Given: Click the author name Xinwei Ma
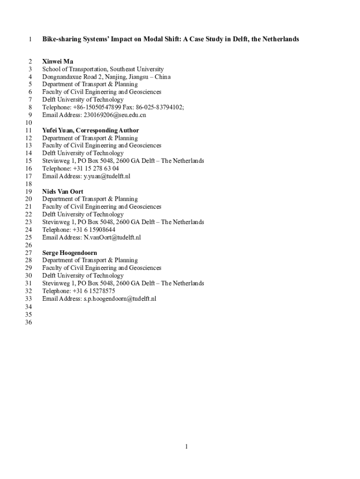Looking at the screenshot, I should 58,61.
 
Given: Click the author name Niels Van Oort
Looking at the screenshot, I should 63,191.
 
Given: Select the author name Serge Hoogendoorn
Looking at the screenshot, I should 70,253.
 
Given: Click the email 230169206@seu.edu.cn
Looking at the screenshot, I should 115,115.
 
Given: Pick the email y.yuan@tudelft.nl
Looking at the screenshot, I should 107,176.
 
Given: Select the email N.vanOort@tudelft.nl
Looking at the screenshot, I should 112,238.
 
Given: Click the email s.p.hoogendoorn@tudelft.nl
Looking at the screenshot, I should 120,298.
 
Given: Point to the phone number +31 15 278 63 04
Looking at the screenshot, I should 96,168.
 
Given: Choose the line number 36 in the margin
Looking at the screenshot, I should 29,322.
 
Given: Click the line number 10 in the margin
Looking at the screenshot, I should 29,123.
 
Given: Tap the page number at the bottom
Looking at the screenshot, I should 186,447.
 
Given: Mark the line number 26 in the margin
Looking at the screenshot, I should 29,245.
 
